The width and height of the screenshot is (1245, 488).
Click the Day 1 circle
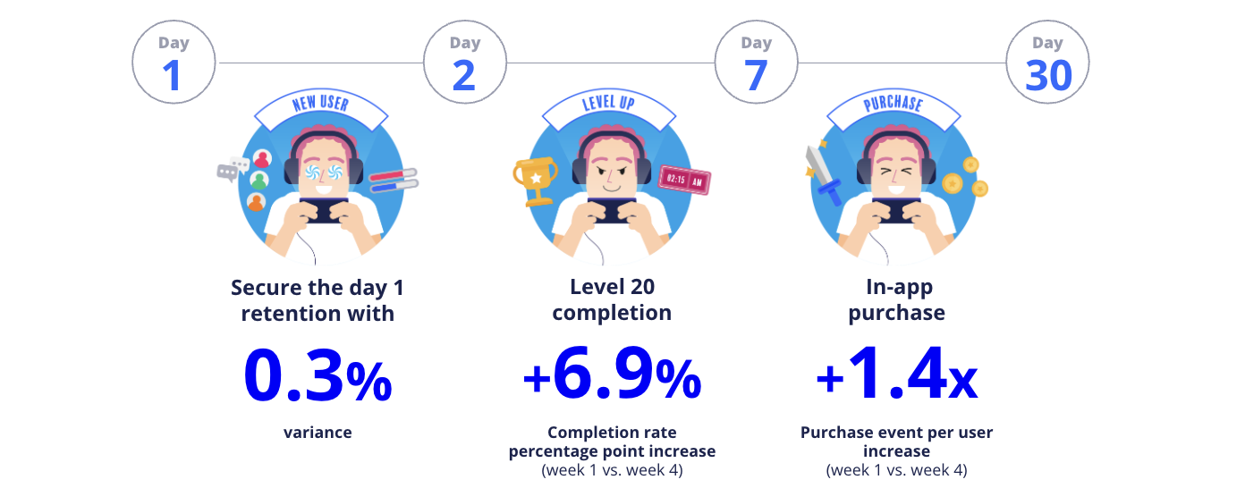pyautogui.click(x=174, y=63)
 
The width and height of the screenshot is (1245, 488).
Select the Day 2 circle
pyautogui.click(x=465, y=63)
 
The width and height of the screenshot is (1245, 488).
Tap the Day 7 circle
pyautogui.click(x=757, y=63)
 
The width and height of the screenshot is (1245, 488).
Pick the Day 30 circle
pyautogui.click(x=1047, y=63)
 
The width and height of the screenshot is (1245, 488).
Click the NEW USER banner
pyautogui.click(x=320, y=105)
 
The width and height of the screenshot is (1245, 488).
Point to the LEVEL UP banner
pyautogui.click(x=608, y=105)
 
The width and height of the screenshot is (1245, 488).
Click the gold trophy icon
pyautogui.click(x=535, y=180)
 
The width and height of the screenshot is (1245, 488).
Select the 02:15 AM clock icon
pyautogui.click(x=684, y=181)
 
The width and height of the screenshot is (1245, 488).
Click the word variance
pyautogui.click(x=318, y=433)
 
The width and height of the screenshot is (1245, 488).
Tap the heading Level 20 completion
pyautogui.click(x=612, y=299)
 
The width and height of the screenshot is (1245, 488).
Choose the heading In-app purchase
pyautogui.click(x=896, y=299)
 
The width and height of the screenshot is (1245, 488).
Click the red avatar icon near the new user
pyautogui.click(x=262, y=159)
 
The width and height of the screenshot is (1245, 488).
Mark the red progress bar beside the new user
pyautogui.click(x=394, y=174)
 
